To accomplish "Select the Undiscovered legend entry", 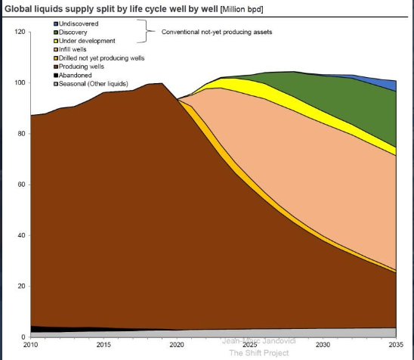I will pos(79,25).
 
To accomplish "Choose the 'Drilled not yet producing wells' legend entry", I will pos(102,58).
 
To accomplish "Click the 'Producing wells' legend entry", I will pos(82,67).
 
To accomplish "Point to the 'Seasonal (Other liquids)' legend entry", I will pos(93,83).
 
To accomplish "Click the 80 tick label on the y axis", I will pos(20,134).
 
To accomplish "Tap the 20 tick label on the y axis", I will pos(20,286).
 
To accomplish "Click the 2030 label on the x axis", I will pos(323,345).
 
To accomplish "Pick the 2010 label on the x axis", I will pos(30,345).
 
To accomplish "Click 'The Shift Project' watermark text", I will pos(258,352).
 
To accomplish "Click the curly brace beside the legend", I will pos(151,33).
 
